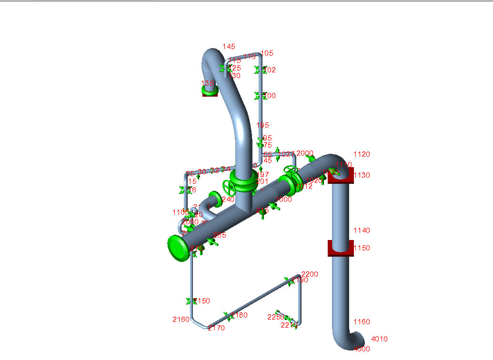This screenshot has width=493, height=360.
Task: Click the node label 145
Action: click(229, 47)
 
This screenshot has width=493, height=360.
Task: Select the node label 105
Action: click(267, 53)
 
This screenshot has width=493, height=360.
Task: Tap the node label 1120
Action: click(362, 154)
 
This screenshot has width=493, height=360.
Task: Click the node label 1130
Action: click(362, 175)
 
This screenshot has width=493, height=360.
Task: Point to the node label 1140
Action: click(362, 230)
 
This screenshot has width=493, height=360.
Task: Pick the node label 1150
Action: click(362, 248)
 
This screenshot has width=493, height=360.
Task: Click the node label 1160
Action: click(362, 322)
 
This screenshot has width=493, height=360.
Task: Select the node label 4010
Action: click(379, 339)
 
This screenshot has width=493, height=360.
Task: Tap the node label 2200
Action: click(310, 274)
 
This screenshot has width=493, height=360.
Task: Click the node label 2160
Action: click(181, 319)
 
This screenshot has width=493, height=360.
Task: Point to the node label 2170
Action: click(216, 328)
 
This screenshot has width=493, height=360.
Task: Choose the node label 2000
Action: click(305, 153)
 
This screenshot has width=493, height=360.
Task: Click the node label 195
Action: click(262, 125)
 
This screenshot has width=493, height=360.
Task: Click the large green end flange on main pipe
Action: click(178, 248)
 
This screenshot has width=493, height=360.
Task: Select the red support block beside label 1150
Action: click(340, 248)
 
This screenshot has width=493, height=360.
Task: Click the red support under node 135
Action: click(210, 93)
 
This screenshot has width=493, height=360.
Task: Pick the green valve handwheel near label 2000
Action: click(290, 170)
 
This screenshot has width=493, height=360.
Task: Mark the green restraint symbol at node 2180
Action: click(229, 316)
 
